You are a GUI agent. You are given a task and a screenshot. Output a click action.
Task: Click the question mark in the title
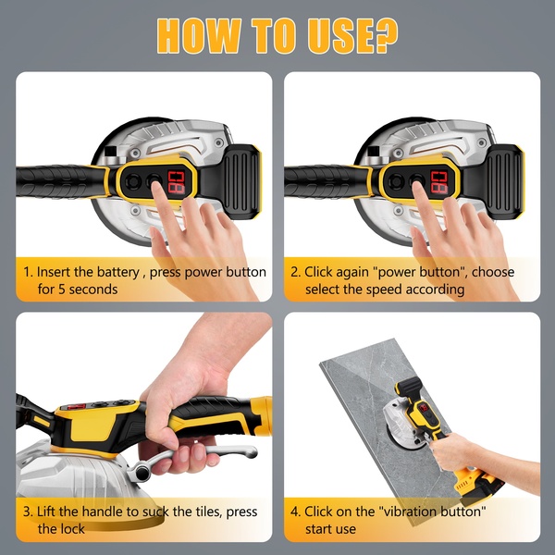tap(384, 35)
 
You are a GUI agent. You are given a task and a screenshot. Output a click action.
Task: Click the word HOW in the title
tap(199, 35)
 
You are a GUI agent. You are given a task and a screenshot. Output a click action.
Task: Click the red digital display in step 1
tap(176, 182)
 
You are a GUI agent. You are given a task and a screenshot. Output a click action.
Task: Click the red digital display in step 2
tap(439, 182)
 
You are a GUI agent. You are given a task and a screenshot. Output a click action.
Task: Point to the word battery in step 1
tap(117, 273)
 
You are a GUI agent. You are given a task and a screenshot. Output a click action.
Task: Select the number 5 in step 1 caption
tap(62, 290)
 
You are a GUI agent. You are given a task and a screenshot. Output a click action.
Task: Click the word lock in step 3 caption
tap(72, 529)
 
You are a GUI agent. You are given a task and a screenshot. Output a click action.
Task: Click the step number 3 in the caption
tap(27, 512)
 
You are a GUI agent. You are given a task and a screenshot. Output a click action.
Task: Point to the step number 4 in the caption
tap(295, 512)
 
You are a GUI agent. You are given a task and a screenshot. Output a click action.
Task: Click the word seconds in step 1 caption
tap(93, 290)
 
